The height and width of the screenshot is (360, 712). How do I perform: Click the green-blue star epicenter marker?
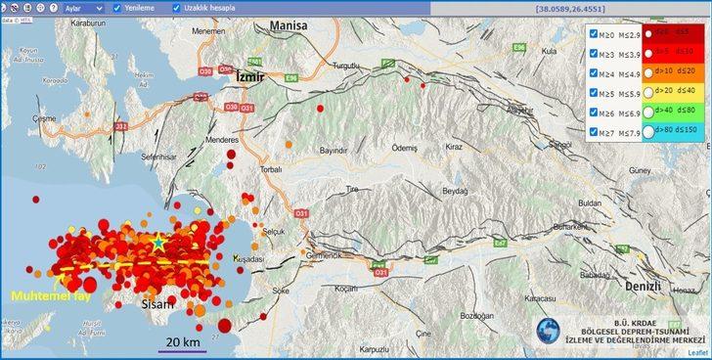point(158,240)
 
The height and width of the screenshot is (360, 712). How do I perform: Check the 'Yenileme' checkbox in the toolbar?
point(117,8)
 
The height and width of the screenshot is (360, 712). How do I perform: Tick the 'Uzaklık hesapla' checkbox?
point(177,8)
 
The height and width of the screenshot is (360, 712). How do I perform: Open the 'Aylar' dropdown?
point(82,8)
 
